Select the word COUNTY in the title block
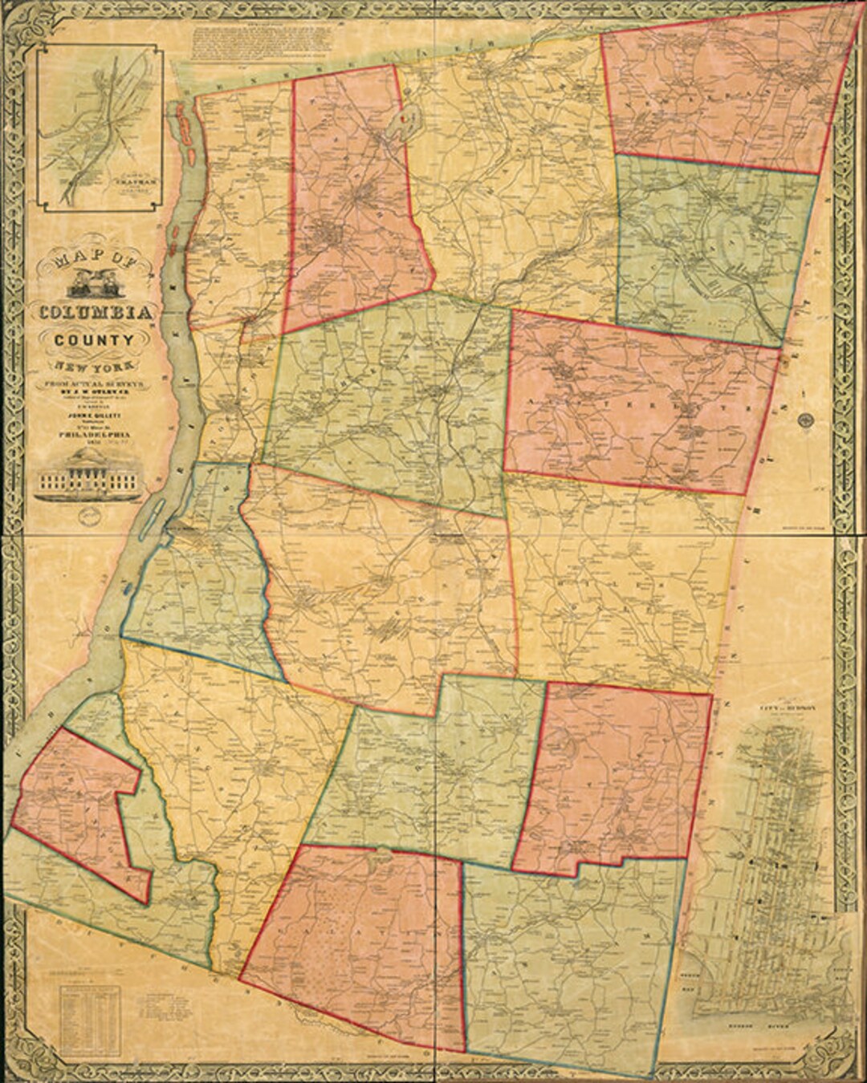[94, 339]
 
